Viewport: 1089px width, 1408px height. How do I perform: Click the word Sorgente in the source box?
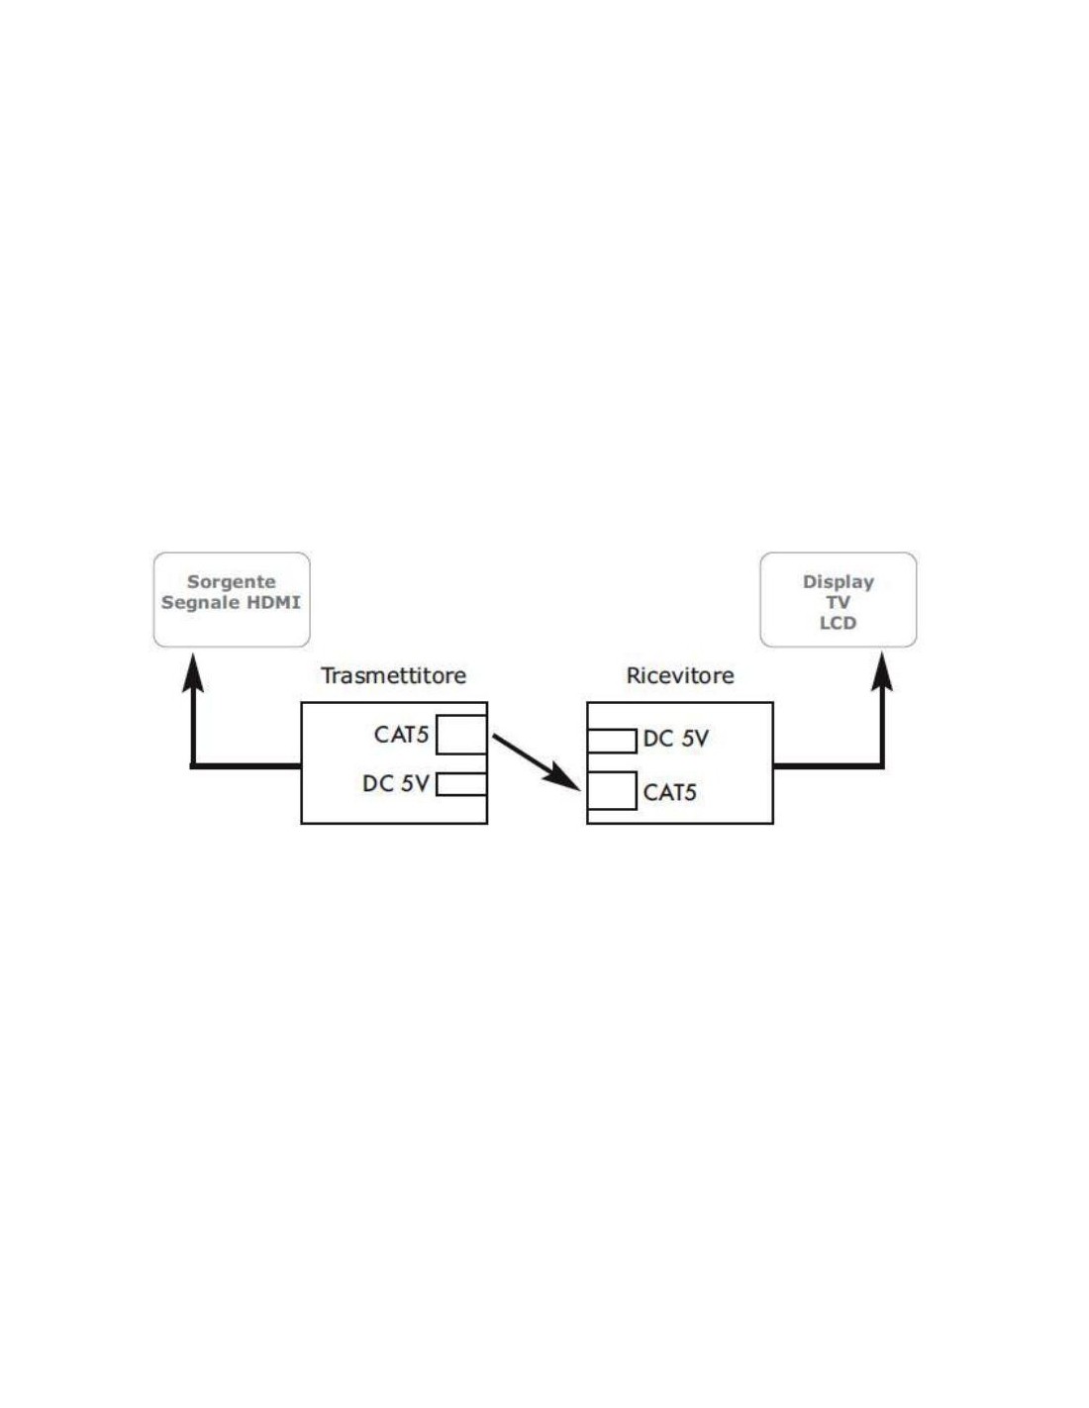[x=231, y=582]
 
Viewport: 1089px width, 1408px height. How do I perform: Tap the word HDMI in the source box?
[x=274, y=602]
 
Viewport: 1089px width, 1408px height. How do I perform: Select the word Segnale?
[x=202, y=603]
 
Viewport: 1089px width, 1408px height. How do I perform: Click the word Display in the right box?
[x=838, y=582]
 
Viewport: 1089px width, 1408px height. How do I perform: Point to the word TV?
[x=838, y=602]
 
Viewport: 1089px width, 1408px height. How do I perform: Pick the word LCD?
[x=838, y=623]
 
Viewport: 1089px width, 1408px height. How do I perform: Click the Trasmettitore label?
[x=393, y=676]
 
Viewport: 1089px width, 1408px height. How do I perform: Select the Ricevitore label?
[x=680, y=676]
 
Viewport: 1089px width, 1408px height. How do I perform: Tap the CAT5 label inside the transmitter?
[x=401, y=735]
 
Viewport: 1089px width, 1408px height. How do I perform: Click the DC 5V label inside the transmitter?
[x=395, y=784]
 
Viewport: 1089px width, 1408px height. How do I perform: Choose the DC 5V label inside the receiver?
[x=676, y=739]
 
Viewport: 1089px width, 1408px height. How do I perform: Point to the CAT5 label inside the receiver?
[x=670, y=792]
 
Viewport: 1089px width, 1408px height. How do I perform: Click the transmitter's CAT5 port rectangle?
[x=461, y=735]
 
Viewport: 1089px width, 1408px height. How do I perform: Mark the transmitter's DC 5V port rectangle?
[x=461, y=785]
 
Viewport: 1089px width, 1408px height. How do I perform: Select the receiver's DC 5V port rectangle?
[x=612, y=741]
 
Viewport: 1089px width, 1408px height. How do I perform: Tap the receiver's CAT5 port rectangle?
[x=612, y=791]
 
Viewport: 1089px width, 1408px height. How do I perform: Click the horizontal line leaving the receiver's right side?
[x=827, y=765]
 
